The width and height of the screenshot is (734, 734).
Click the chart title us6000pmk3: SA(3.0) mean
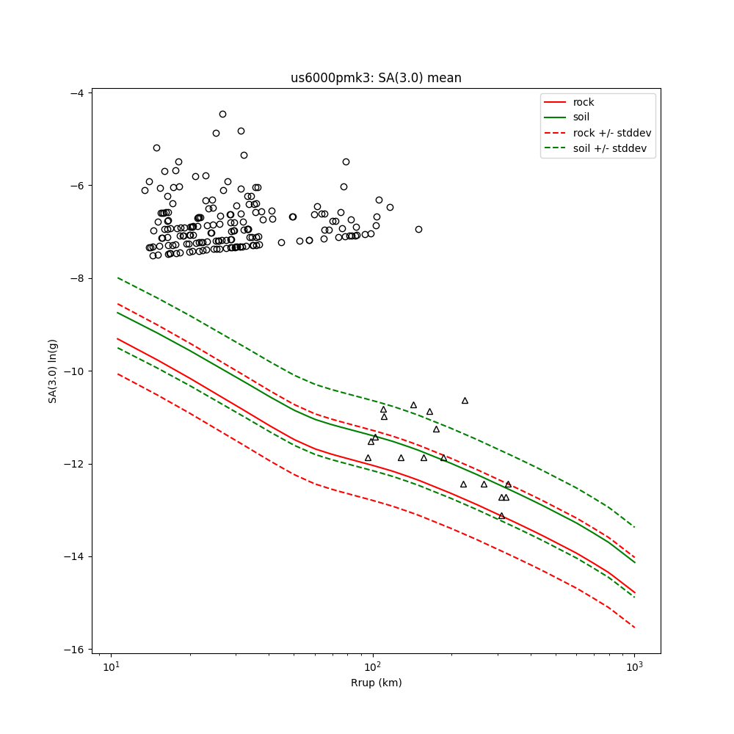tap(376, 78)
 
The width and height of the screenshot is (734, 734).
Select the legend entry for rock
tap(584, 102)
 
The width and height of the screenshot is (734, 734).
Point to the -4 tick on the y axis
tap(77, 92)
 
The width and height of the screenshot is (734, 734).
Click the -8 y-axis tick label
tap(77, 278)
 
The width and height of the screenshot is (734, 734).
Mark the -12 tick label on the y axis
tap(74, 464)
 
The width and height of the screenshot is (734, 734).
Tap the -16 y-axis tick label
tap(74, 650)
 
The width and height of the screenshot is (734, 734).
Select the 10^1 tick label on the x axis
tap(111, 667)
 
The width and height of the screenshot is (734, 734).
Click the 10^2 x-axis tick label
tap(373, 667)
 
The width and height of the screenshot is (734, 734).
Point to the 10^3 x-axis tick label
tap(634, 667)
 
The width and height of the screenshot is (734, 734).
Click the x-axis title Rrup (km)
tap(376, 683)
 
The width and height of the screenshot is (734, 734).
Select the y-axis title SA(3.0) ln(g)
tap(53, 371)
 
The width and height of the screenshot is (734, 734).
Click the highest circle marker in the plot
tap(222, 114)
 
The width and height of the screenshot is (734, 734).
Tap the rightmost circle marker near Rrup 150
tap(418, 229)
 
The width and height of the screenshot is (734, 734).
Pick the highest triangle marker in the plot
tap(465, 400)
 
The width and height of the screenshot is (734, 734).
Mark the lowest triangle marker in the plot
tap(502, 515)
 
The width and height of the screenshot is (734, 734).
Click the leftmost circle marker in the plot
tap(145, 190)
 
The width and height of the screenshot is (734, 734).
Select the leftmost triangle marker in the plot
tap(368, 457)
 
